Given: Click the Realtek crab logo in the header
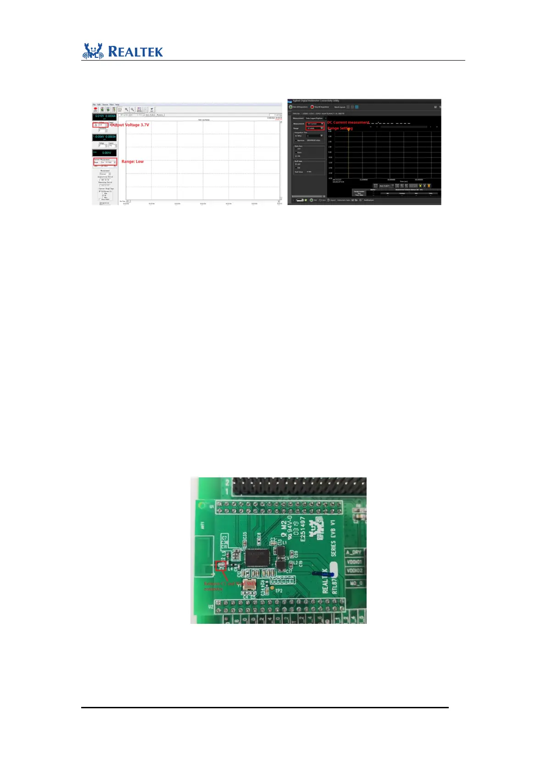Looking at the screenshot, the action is pos(93,51).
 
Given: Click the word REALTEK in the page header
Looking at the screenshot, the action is pos(135,51).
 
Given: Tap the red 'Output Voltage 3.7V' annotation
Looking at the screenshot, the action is pos(130,125).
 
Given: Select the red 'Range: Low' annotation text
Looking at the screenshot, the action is pos(133,162).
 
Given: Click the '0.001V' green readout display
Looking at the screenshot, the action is pos(105,153).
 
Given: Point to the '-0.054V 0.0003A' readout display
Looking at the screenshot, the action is pos(105,137).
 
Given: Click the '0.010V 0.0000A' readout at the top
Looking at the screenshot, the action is pos(105,116).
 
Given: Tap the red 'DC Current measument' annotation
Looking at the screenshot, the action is pos(348,123).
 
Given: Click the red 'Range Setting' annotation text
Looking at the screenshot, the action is pos(340,128).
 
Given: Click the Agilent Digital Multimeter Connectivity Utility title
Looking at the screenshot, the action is pos(316,101).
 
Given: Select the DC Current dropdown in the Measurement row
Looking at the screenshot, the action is pos(315,123).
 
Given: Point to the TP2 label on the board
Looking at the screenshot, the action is pos(279,591).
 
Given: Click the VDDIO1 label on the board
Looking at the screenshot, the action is pos(354,561).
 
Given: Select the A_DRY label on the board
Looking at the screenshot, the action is pos(353,552).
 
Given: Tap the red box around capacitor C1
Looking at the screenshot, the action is pos(221,566).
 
